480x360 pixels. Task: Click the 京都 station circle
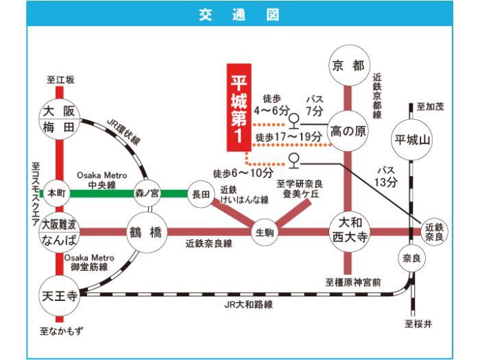tap(349, 65)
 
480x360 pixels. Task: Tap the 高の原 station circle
tap(348, 131)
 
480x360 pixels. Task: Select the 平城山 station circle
tap(411, 140)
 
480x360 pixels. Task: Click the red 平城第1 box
tap(239, 108)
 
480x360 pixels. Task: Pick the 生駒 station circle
tap(265, 232)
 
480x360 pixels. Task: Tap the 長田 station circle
tap(201, 194)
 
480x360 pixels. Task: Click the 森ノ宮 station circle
tap(147, 193)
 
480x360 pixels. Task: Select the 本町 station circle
tap(57, 193)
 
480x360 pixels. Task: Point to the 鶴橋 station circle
tap(147, 232)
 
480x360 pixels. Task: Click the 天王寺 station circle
tap(60, 296)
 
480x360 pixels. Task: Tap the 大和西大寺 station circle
tap(350, 232)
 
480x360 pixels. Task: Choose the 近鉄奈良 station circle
tap(434, 232)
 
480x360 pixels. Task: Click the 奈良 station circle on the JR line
tap(411, 259)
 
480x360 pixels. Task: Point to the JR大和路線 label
tap(248, 304)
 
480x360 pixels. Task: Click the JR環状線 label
tap(123, 131)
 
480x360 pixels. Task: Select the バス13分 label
tap(385, 177)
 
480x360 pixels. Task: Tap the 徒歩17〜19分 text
tap(289, 136)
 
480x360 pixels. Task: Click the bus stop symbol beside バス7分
tap(294, 121)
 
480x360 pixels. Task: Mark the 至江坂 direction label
tap(60, 80)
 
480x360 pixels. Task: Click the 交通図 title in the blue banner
tap(239, 14)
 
